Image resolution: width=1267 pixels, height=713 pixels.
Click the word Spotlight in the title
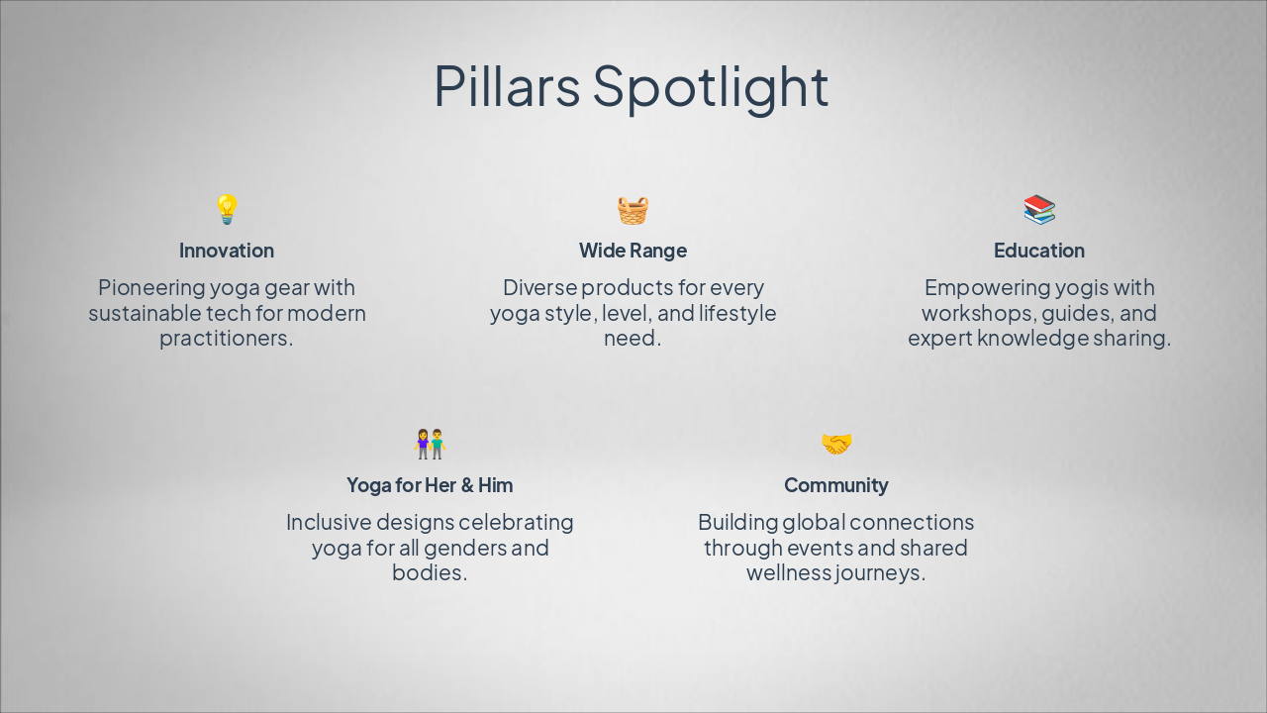click(710, 86)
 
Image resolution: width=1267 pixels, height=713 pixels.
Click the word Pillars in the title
click(506, 86)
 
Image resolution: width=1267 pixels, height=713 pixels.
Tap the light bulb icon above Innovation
click(227, 209)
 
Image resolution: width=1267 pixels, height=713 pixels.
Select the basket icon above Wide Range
click(633, 210)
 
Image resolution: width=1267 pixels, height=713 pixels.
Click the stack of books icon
click(1039, 209)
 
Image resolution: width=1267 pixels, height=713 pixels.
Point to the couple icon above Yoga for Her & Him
click(430, 444)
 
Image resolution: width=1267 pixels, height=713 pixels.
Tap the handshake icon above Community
click(836, 444)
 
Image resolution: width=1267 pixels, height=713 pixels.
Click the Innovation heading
click(227, 251)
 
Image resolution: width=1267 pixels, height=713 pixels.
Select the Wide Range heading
click(633, 251)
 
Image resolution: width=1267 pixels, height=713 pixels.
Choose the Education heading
click(1039, 251)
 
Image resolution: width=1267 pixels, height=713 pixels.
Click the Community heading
click(836, 485)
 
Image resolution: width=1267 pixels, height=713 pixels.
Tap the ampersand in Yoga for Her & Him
click(467, 485)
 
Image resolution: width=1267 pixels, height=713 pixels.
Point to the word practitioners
click(227, 339)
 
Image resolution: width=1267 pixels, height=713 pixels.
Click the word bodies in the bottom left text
click(428, 573)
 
